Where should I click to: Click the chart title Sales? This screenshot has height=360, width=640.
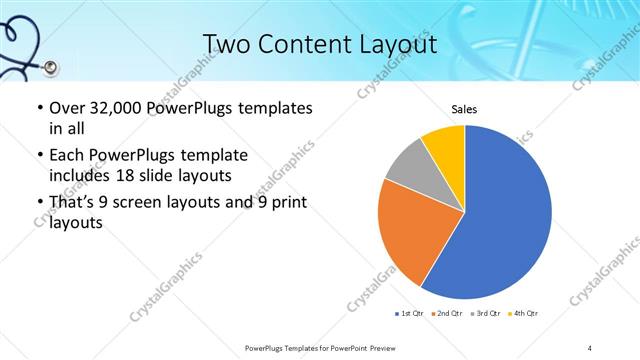tap(463, 109)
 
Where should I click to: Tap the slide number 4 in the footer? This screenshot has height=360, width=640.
tap(590, 347)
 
